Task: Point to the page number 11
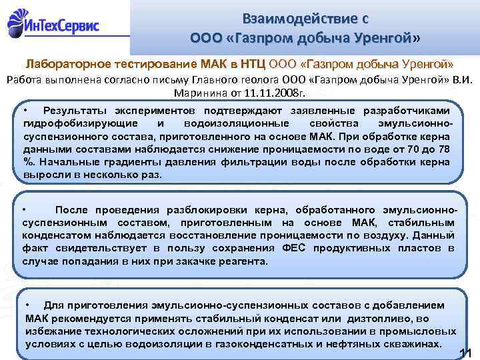pyautogui.click(x=467, y=352)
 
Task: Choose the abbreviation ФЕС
pyautogui.click(x=296, y=248)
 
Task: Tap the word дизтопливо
pyautogui.click(x=385, y=318)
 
